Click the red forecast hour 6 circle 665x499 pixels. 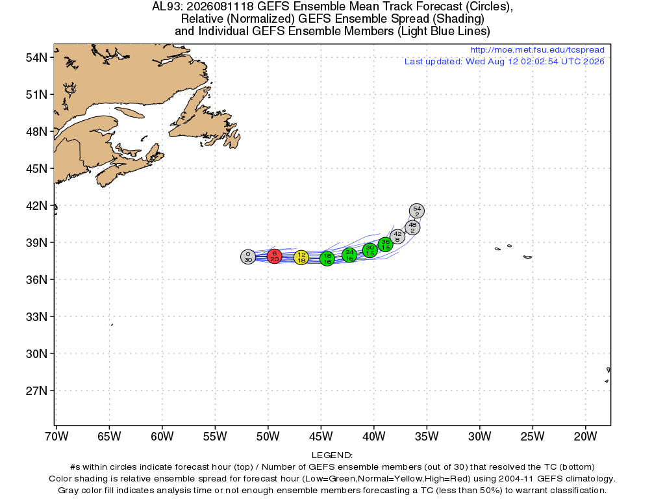coord(275,256)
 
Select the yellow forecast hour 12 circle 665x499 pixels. coord(301,257)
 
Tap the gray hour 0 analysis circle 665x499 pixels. coord(248,257)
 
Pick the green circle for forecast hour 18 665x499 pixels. coord(327,259)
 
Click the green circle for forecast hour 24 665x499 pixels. coord(349,255)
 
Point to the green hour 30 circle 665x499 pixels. coord(370,250)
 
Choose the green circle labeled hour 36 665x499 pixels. coord(385,244)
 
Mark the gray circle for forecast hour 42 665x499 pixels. coord(397,237)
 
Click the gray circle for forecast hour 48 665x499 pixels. coord(412,227)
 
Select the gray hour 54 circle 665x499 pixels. coord(417,211)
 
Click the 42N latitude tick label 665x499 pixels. coord(36,206)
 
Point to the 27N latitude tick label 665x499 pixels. coord(36,390)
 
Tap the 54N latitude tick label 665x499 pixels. coord(36,58)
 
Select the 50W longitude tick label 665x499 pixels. coord(268,436)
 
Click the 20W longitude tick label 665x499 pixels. coord(585,436)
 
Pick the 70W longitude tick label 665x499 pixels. coord(56,436)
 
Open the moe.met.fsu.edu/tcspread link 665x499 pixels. coord(537,49)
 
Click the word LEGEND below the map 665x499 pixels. coord(332,455)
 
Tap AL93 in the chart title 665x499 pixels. coord(167,6)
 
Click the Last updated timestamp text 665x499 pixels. coord(504,62)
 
